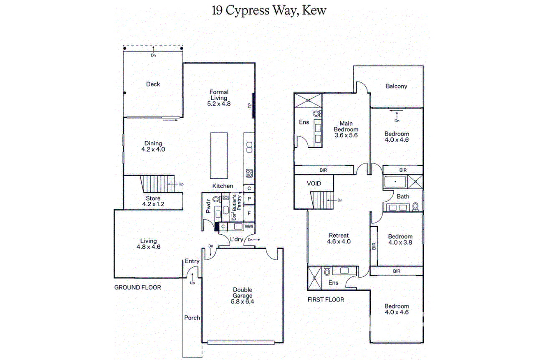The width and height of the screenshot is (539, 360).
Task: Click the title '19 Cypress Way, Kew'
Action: [x=269, y=11]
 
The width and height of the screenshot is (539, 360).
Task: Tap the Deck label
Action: [x=153, y=84]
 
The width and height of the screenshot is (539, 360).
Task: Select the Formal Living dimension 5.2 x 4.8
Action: [x=219, y=104]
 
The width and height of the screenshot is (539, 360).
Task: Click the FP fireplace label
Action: [x=250, y=106]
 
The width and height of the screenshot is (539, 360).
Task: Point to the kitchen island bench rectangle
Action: [x=219, y=155]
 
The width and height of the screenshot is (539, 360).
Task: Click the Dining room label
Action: [x=153, y=143]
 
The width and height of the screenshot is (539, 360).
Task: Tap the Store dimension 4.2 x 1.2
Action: [x=153, y=204]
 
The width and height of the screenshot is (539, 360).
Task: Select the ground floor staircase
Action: [x=158, y=184]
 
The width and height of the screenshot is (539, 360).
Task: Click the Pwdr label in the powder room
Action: [x=208, y=206]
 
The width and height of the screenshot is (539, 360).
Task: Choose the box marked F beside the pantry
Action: [x=249, y=213]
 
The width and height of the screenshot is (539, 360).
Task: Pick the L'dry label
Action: [x=237, y=239]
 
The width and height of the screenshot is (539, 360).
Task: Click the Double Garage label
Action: [x=243, y=293]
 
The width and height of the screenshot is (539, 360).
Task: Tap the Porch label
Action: [x=192, y=318]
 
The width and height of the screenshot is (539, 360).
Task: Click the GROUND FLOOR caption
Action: [x=138, y=287]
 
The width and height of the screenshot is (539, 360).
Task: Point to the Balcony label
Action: [x=396, y=86]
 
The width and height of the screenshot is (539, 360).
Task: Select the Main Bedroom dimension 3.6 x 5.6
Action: [x=346, y=135]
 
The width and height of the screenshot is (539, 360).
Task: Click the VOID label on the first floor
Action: [x=314, y=184]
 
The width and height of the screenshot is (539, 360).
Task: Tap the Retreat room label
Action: [x=339, y=236]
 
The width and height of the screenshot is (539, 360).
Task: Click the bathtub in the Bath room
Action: [x=395, y=182]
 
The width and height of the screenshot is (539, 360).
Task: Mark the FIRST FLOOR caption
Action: [x=326, y=299]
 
